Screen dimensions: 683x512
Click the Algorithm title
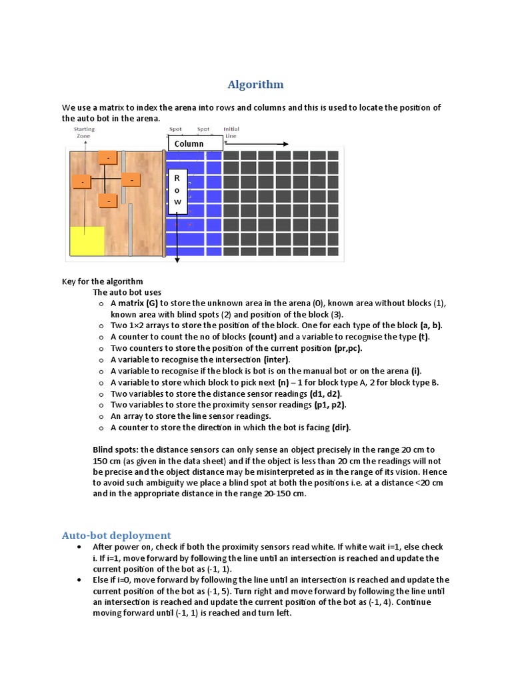pos(255,85)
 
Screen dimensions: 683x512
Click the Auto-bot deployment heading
pos(116,535)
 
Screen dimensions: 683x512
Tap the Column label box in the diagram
pos(194,143)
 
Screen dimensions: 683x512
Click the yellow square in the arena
pos(87,241)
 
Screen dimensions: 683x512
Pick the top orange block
pos(107,157)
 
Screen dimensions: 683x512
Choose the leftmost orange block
pos(82,181)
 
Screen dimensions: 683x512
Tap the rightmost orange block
pos(131,180)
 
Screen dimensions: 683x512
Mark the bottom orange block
pos(107,200)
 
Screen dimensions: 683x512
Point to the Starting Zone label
pos(84,132)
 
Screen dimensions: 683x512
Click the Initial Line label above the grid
pos(231,132)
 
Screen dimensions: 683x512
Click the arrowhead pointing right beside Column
pos(285,144)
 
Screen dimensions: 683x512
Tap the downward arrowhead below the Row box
pos(177,261)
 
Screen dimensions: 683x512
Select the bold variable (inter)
pos(277,360)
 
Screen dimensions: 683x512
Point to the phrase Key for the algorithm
pos(102,281)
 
